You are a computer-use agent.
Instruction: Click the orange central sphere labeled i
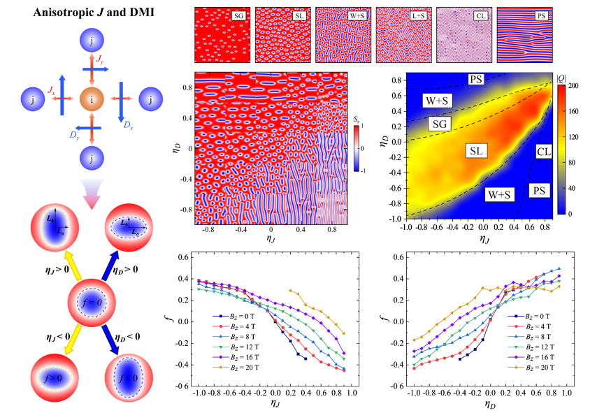[93, 100]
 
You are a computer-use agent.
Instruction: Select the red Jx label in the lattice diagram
[51, 89]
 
